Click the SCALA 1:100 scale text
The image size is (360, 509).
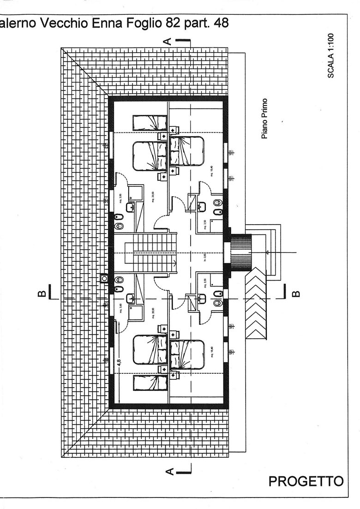pos(331,55)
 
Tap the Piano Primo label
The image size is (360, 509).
pos(265,118)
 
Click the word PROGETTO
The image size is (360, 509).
pos(306,481)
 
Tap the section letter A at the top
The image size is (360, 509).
pos(169,41)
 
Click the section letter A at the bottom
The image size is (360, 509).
pos(169,471)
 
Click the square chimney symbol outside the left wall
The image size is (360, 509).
pos(104,278)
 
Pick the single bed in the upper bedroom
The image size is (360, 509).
pos(149,123)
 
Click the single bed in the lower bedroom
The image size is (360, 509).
pos(149,383)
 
